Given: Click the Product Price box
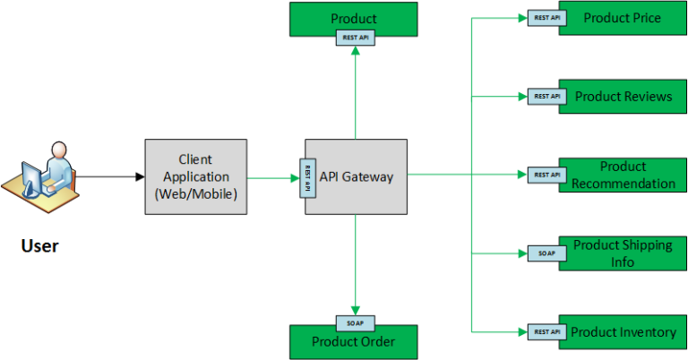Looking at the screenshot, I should (623, 19).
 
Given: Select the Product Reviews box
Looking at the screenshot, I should (623, 97).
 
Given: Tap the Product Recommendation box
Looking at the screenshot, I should (623, 175).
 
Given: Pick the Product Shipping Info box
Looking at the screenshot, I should (623, 253).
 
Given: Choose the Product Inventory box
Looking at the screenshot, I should (623, 332).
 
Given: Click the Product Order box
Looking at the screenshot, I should (353, 342).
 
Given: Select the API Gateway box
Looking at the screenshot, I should (357, 176).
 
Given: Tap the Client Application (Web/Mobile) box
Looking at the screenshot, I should (195, 176).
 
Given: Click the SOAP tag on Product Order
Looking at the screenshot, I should (355, 323).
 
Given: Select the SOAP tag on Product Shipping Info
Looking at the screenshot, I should (546, 253).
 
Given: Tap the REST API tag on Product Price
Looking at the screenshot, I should (546, 18).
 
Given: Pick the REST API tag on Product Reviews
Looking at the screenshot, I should (546, 97).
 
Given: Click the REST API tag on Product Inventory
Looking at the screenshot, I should (546, 332).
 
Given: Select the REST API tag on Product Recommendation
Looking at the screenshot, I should (546, 175).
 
